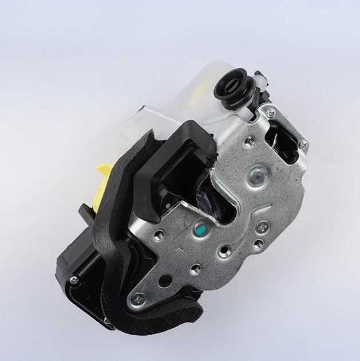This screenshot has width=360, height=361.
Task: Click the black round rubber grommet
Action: pyautogui.click(x=233, y=87)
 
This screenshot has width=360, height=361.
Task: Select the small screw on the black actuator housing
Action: pyautogui.click(x=74, y=279)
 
